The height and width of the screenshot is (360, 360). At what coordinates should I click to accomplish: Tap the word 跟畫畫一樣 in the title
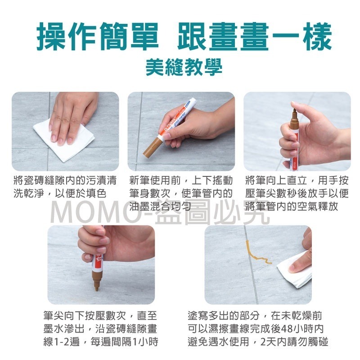coord(252,37)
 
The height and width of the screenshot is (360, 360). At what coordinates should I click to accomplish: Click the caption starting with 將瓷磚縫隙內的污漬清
coord(65,181)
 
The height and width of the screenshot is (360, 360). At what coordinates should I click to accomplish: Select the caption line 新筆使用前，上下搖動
coord(180,181)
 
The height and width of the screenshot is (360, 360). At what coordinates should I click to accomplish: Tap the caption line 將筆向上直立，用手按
coord(297,181)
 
